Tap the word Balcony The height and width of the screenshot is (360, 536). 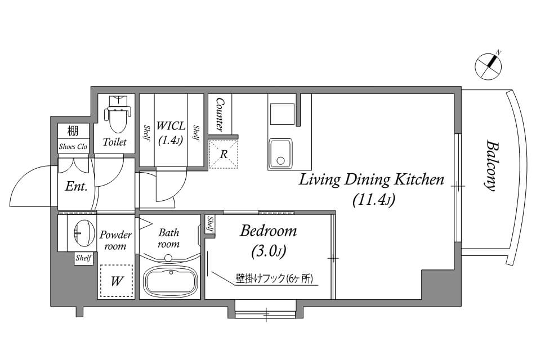[x=492, y=165]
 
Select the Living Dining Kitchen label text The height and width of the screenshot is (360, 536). [x=372, y=179]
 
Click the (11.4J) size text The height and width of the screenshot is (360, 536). [x=374, y=200]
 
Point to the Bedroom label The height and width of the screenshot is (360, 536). [x=269, y=231]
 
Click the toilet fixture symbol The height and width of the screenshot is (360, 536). [x=118, y=114]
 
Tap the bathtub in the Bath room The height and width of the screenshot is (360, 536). [x=170, y=280]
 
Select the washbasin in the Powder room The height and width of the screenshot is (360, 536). [x=84, y=233]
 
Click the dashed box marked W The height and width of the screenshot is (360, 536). [x=116, y=281]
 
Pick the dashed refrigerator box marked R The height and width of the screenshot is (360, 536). [x=223, y=154]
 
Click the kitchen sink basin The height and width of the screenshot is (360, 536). [x=280, y=154]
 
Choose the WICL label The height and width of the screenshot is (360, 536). [x=171, y=125]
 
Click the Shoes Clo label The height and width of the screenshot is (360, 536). [x=73, y=146]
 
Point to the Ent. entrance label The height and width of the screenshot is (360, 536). [x=76, y=187]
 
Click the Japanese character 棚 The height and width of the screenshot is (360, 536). [x=73, y=131]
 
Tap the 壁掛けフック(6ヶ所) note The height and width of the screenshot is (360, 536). [x=274, y=278]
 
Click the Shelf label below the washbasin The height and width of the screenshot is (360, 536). [x=83, y=258]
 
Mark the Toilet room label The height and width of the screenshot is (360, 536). [x=115, y=142]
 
